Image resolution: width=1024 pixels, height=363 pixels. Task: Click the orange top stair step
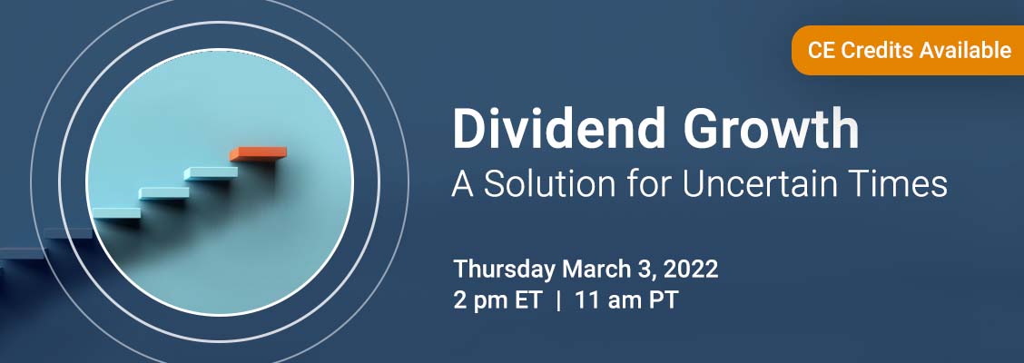tap(258, 154)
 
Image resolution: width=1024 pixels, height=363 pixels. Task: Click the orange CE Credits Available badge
tap(908, 50)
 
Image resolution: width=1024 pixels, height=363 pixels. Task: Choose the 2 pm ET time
tap(497, 301)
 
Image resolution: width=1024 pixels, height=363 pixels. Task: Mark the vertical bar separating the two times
tap(558, 302)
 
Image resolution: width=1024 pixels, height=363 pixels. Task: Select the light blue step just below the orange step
tap(211, 173)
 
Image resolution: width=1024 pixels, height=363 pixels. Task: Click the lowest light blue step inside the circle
tap(116, 213)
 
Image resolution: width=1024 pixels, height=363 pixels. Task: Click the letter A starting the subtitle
tap(463, 183)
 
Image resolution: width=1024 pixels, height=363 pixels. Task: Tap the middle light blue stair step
tap(164, 193)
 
